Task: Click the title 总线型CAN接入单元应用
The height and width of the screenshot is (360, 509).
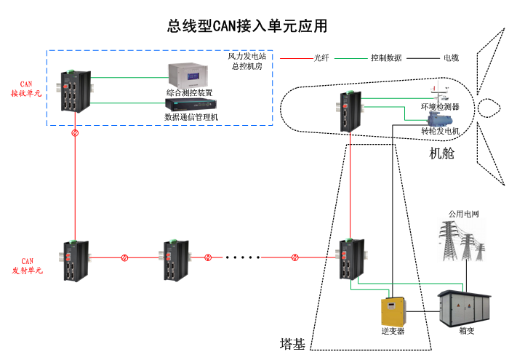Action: (247, 27)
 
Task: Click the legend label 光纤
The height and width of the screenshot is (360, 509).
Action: (321, 57)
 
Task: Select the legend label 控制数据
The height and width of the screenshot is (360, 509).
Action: (385, 57)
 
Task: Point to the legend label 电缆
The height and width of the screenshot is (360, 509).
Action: (451, 57)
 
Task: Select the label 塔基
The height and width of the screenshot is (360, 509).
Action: (292, 343)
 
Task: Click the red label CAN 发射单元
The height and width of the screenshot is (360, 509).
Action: (27, 265)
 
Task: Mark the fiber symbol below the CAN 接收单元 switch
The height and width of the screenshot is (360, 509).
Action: (75, 134)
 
